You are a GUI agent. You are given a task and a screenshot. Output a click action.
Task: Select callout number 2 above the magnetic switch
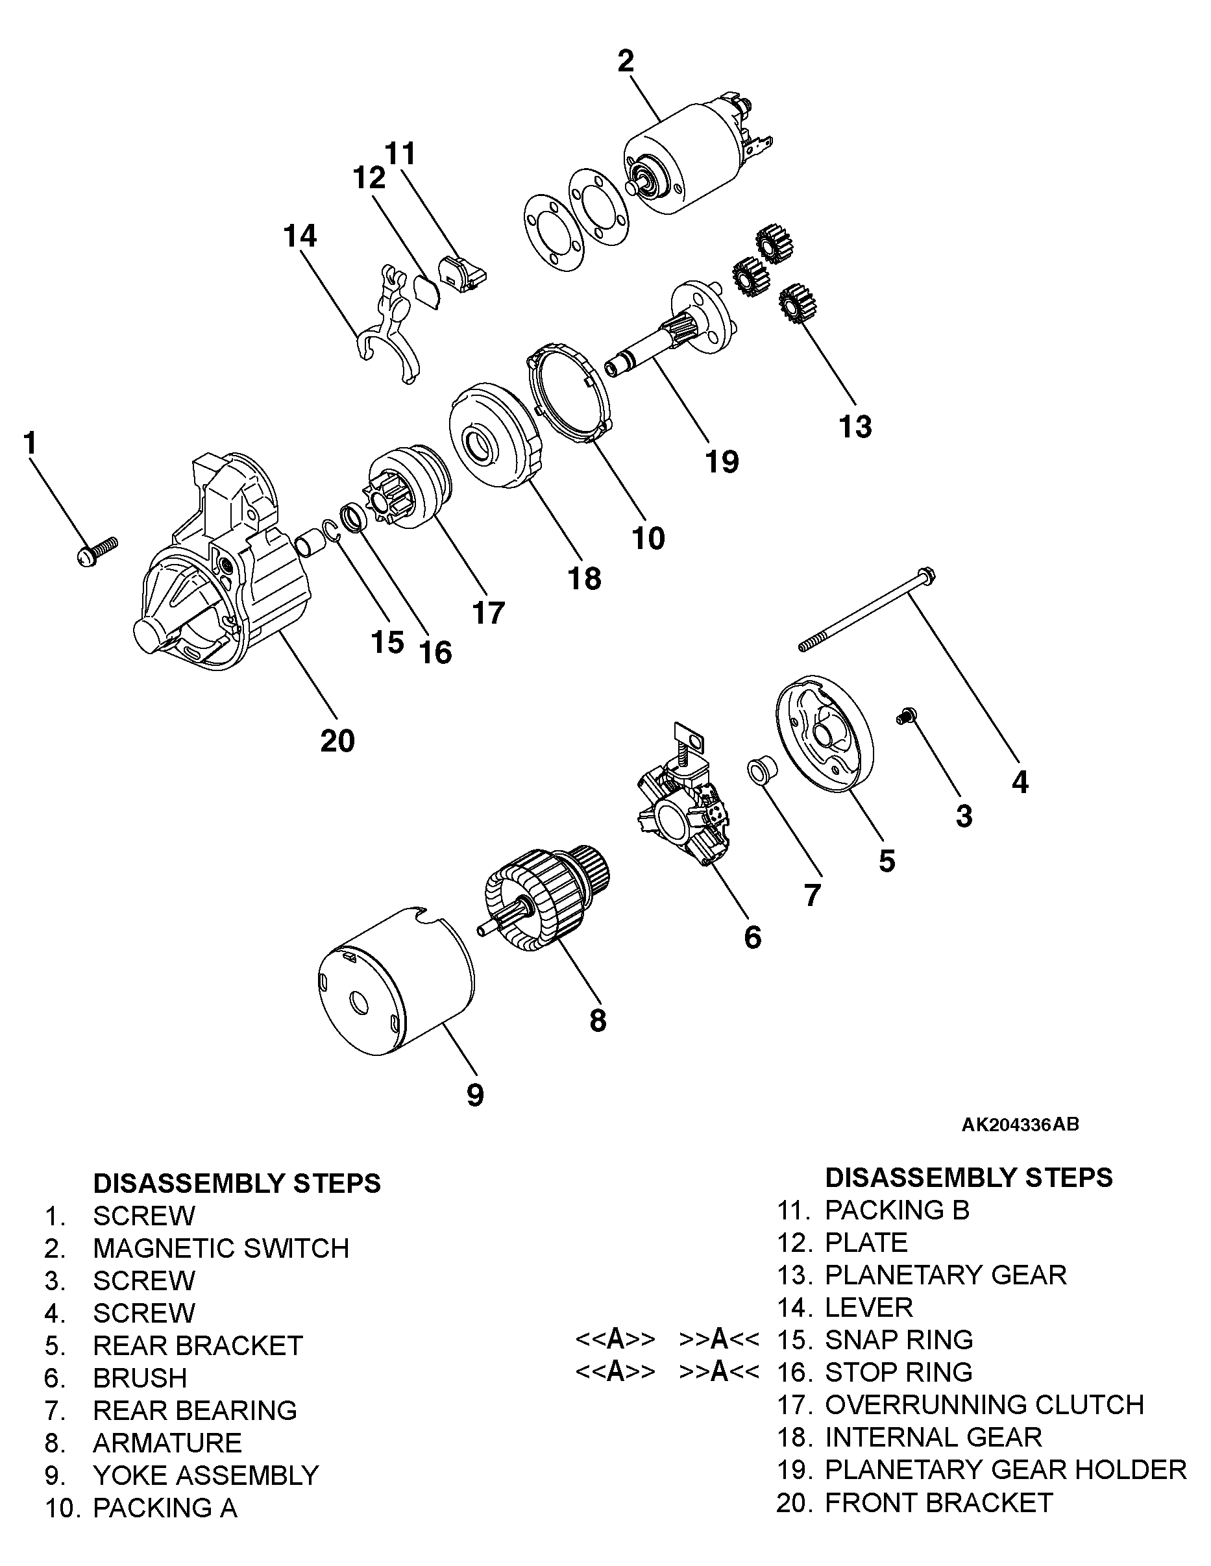(625, 62)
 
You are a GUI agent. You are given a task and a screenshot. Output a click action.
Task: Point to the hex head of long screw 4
(925, 575)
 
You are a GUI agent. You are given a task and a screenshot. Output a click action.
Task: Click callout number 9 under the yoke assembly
(474, 1095)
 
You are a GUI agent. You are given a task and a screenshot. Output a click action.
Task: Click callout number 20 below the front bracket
(337, 740)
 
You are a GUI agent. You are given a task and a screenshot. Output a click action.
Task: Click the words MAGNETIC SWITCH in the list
(221, 1249)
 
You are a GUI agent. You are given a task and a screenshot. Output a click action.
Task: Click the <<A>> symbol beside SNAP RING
(615, 1340)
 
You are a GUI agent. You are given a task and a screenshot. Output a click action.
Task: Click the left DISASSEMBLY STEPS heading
(237, 1183)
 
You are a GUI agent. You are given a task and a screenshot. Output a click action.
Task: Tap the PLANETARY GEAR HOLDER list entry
(1005, 1469)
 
